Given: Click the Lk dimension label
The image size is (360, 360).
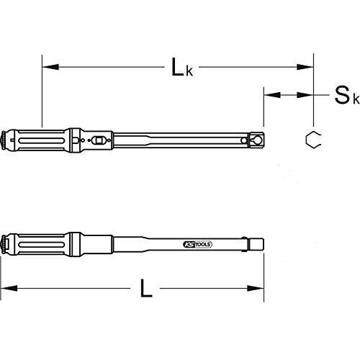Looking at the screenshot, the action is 182,68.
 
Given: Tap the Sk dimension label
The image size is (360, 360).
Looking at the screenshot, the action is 347,96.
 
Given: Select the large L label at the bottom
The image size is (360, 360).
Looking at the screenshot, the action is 146,288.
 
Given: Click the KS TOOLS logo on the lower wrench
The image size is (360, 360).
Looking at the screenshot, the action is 197,244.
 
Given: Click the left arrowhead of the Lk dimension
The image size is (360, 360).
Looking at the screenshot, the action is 50,67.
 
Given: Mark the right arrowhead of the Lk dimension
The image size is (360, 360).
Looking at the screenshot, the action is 305,67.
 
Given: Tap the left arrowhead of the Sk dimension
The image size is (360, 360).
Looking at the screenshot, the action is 272,95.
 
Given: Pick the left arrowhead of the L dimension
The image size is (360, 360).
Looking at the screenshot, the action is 9,288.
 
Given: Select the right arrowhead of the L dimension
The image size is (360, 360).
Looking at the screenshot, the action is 256,288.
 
